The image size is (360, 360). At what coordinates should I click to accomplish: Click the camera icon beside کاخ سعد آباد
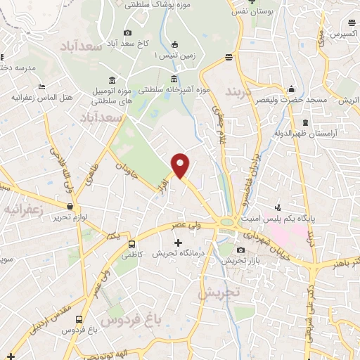127,32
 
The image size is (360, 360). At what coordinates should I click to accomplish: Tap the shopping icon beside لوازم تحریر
70,206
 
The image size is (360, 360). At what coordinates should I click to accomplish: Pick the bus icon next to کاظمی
132,245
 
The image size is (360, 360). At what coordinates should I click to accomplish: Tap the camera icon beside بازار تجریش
240,250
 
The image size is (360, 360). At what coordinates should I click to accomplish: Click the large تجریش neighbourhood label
219,291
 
